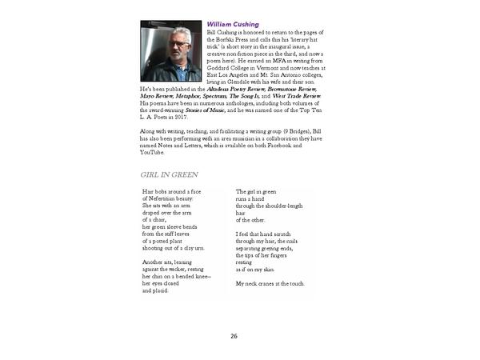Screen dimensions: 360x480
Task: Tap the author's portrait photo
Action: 171,50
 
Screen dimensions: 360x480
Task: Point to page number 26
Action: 234,335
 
